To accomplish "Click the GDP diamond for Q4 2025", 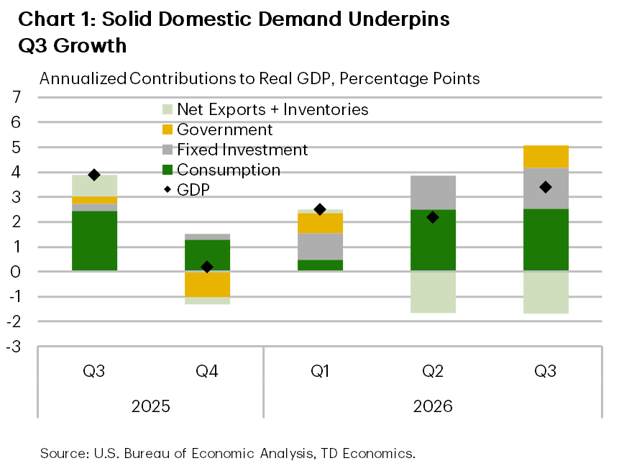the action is coord(207,267).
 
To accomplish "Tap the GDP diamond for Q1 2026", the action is coord(320,209).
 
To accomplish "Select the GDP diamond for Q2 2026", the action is coord(433,217).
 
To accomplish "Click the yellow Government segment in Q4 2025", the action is coord(207,285).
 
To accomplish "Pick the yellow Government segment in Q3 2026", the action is coord(546,157).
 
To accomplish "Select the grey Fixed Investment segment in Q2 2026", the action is coord(433,193).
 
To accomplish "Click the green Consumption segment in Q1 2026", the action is coord(321,265).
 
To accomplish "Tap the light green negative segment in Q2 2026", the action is coord(433,293).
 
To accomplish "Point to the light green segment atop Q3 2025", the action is coord(94,186).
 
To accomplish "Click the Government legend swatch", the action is coord(168,129).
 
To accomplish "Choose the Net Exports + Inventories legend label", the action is coord(272,109).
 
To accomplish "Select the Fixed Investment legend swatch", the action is coord(168,150).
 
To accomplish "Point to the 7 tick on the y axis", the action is coord(17,97).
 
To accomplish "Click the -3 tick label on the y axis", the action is coord(14,347).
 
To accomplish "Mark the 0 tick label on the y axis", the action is coord(16,272).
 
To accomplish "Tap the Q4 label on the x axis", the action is coord(207,371).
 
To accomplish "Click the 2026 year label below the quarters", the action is coord(433,406).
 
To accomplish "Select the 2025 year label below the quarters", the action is coord(151,406).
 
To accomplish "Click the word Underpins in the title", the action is coord(399,20).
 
